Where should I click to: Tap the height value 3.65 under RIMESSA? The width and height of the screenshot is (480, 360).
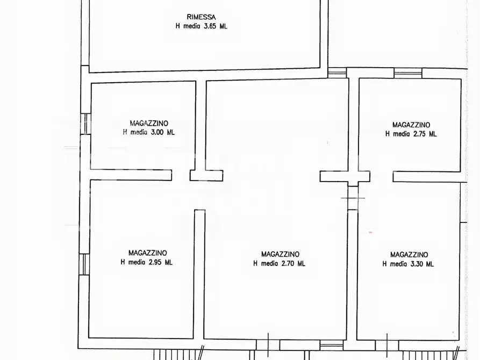click(209, 26)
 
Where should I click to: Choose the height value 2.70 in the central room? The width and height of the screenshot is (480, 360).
click(288, 263)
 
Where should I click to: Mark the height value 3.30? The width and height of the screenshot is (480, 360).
click(417, 264)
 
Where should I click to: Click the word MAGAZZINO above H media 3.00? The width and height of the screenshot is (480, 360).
click(148, 123)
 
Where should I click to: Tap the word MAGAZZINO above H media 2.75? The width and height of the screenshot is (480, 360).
click(411, 125)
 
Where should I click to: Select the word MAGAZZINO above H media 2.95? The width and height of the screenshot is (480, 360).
click(147, 253)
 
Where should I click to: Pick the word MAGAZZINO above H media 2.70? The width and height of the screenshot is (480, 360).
click(280, 254)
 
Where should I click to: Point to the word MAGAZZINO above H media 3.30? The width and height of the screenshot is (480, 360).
click(409, 255)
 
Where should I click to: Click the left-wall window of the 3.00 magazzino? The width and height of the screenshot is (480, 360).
click(84, 124)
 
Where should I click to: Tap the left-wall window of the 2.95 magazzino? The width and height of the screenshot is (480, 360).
click(84, 264)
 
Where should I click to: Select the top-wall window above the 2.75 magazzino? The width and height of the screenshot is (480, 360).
click(408, 73)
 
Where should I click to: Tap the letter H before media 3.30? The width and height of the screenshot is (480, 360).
click(384, 264)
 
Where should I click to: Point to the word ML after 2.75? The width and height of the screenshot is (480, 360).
click(432, 134)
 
